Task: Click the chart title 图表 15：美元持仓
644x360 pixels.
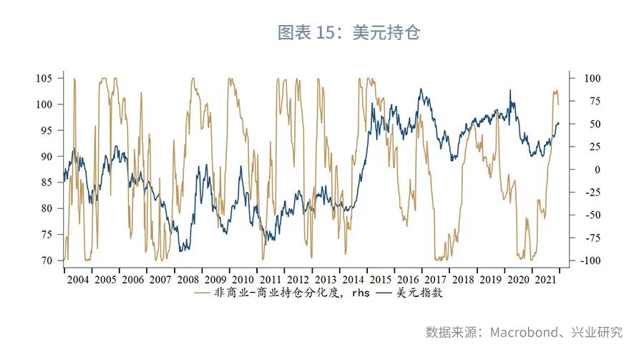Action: click(348, 33)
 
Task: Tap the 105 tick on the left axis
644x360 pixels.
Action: click(45, 78)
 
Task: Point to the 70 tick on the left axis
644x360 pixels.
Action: click(48, 261)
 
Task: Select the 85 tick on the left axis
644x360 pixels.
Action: click(48, 183)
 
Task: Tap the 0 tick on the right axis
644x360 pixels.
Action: click(576, 170)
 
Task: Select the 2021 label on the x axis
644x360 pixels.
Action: click(546, 279)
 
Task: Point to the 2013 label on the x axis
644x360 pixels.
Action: click(326, 279)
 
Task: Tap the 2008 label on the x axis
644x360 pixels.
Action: click(188, 279)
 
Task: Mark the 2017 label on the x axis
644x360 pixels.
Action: click(436, 279)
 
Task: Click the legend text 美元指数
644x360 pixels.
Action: click(425, 293)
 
